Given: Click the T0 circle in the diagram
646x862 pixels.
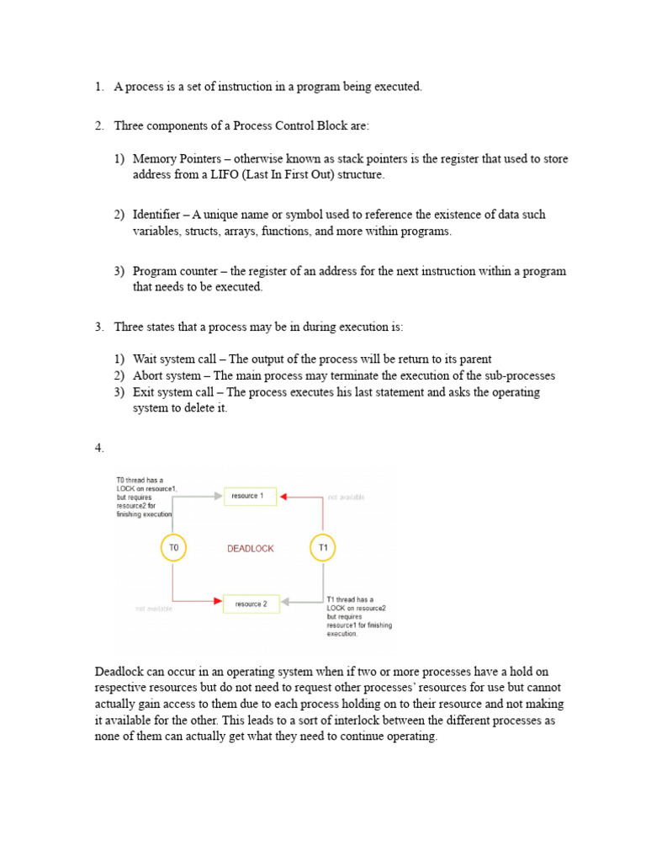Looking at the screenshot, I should coord(173,548).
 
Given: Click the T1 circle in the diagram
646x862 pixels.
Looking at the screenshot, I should coord(323,548).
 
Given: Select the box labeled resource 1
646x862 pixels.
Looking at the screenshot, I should coord(249,497).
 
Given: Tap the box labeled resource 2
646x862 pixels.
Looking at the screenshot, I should coord(251,604).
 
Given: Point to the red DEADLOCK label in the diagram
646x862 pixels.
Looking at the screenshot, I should coord(251,549).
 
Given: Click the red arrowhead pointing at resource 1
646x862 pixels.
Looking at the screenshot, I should coord(283,498).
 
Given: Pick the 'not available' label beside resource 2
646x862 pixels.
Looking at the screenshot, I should coord(154,609).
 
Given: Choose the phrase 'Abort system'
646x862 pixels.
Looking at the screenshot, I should coord(167,375).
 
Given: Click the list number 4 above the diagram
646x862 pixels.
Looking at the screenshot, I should coord(99,449).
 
